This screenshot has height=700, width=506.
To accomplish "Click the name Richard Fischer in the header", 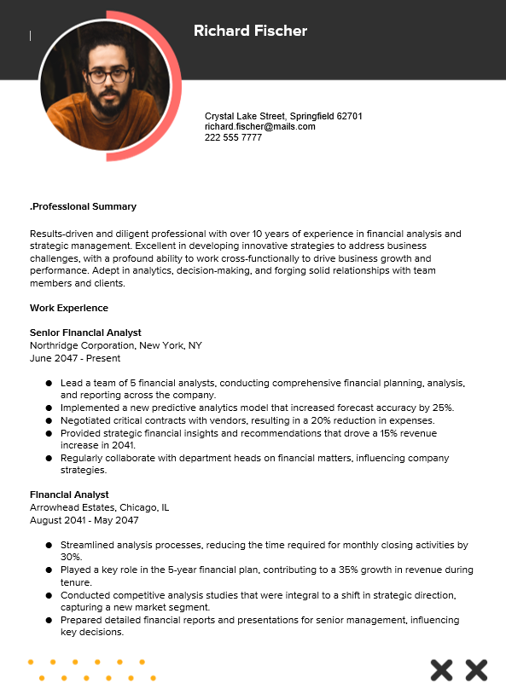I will (x=250, y=31).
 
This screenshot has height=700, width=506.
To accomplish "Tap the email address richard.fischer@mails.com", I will (x=259, y=126).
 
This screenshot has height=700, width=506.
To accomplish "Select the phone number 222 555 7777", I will (x=233, y=137).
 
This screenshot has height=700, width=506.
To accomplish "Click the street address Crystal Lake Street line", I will (x=283, y=115).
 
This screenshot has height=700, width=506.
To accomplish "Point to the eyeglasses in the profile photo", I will (x=108, y=76).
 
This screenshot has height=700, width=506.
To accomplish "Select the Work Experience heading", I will (x=69, y=307).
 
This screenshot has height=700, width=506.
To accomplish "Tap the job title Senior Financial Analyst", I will (x=85, y=333).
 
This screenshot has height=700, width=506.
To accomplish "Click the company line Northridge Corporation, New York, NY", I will (x=115, y=345).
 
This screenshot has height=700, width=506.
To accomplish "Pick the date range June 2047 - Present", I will (x=75, y=358).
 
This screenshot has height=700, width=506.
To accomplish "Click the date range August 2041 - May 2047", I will (x=84, y=520).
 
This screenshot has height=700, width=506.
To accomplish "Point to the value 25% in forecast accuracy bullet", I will (x=442, y=408).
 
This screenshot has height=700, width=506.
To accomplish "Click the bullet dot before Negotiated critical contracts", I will (x=49, y=420).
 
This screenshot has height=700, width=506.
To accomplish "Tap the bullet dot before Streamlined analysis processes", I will (x=49, y=545).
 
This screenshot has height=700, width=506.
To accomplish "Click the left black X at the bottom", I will (x=441, y=670).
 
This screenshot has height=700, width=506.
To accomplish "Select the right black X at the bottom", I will (x=476, y=670).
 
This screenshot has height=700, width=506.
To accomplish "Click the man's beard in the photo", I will (x=108, y=101).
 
